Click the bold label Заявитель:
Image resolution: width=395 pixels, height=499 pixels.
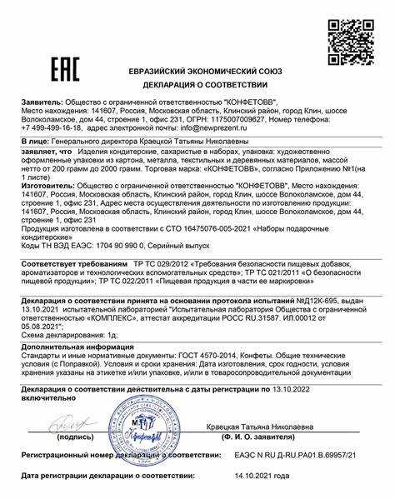[47, 101]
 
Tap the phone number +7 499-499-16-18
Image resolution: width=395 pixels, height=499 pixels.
[51, 130]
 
